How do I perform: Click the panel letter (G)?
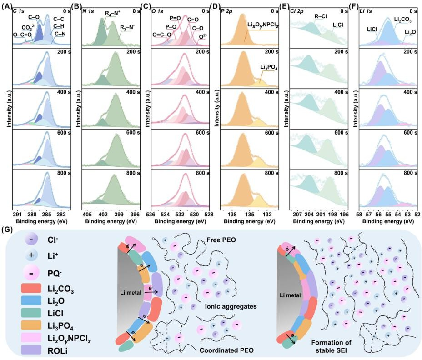6,230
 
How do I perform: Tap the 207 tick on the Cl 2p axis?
297,215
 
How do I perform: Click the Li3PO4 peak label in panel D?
269,68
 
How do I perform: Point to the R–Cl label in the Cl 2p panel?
321,16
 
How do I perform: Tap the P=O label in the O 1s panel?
175,18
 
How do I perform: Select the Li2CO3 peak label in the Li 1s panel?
402,20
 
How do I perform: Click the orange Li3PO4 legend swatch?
31,325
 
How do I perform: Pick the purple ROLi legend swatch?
31,350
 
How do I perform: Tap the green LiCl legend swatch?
31,313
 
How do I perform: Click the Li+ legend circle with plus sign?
31,255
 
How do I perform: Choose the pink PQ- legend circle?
31,273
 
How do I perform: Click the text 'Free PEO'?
221,240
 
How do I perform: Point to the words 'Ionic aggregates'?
231,306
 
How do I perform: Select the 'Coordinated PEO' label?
226,350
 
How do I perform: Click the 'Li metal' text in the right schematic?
290,295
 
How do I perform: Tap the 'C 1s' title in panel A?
19,11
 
